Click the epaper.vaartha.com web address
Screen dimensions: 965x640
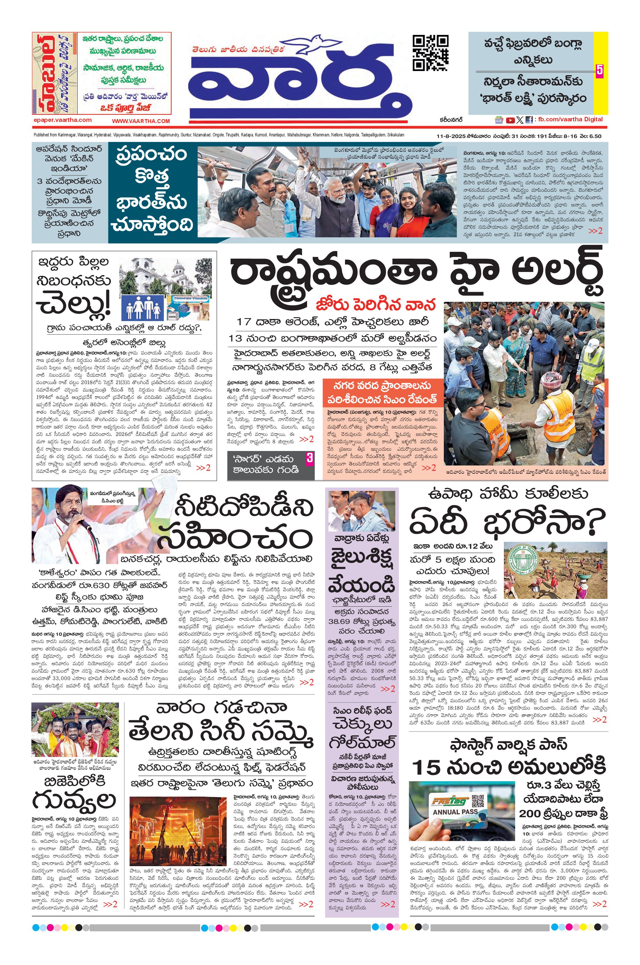(62, 120)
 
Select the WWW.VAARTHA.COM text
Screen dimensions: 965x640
(141, 121)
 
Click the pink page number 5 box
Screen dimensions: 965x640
(599, 70)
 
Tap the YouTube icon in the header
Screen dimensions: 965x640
(510, 120)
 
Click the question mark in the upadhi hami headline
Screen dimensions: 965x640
(593, 525)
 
